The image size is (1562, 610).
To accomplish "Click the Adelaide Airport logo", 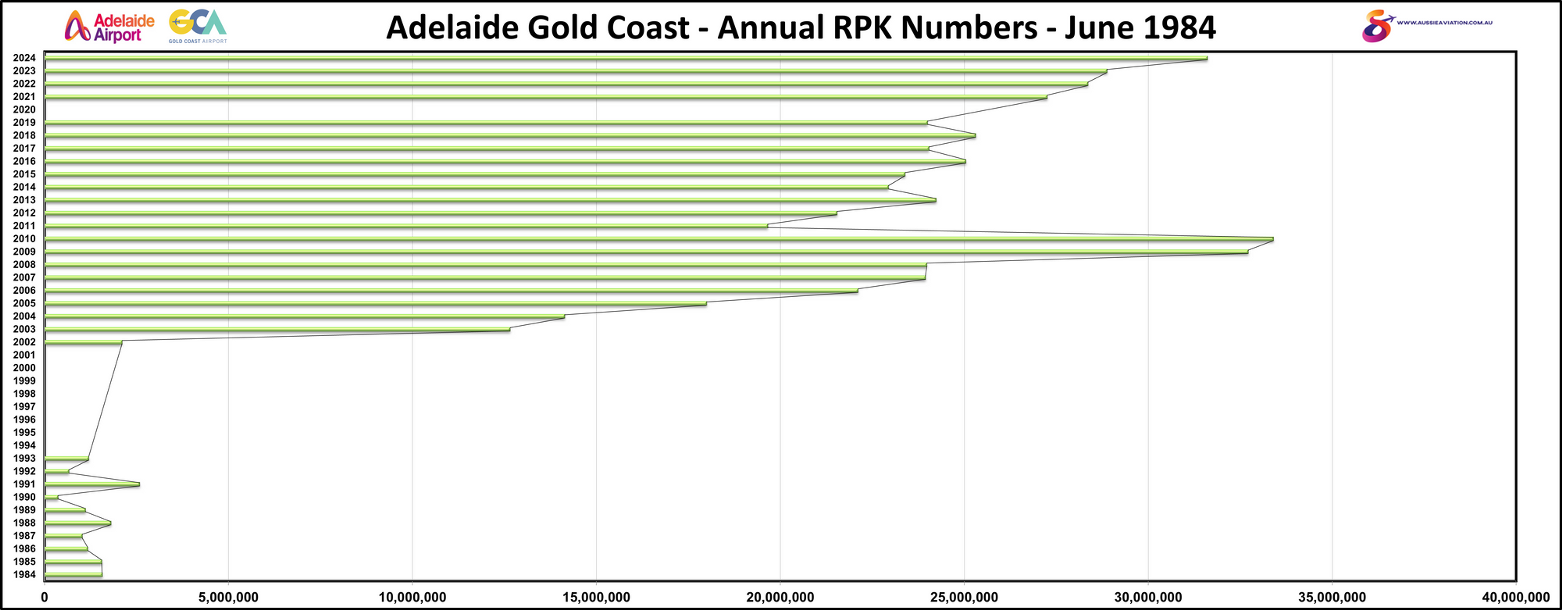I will point(109,27).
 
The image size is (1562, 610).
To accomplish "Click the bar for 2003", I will point(277,329).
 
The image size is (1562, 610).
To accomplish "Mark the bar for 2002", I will point(83,342).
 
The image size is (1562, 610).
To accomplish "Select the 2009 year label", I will point(24,252).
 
